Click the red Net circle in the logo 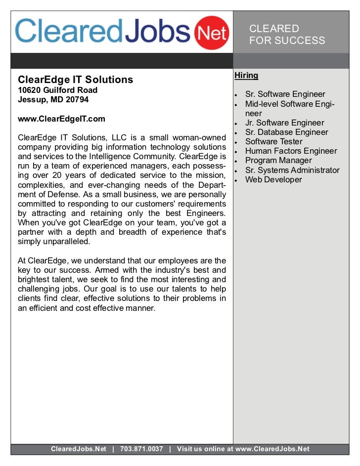point(213,34)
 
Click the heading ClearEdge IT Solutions point(76,80)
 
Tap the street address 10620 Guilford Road point(57,90)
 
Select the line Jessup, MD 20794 point(53,99)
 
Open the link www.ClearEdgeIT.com point(61,119)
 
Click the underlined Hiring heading point(246,76)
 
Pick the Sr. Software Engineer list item point(285,94)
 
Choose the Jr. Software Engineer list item point(284,123)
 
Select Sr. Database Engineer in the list point(286,132)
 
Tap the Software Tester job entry point(273,141)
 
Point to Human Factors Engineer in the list point(291,151)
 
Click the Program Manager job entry point(278,160)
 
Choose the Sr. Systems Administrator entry point(292,170)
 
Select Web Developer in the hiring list point(273,179)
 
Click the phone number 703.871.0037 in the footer point(141,449)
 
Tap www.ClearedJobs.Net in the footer point(272,449)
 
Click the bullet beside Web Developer point(237,180)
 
